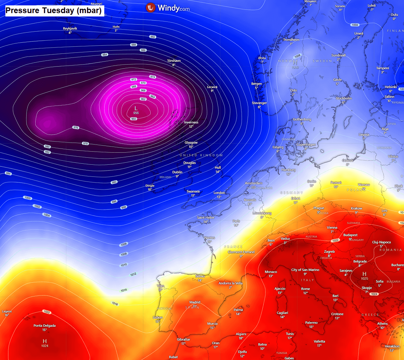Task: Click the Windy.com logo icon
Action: pyautogui.click(x=150, y=7)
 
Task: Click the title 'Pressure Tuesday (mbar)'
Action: pyautogui.click(x=53, y=10)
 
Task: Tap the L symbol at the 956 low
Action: pyautogui.click(x=136, y=108)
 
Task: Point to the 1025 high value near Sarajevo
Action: pyautogui.click(x=365, y=278)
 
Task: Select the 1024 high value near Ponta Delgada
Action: pyautogui.click(x=45, y=346)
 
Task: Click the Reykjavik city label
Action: pyautogui.click(x=70, y=29)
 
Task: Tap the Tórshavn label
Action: pyautogui.click(x=174, y=61)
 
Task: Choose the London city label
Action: pyautogui.click(x=219, y=193)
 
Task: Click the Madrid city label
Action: pyautogui.click(x=195, y=302)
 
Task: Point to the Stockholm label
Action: pyautogui.click(x=343, y=98)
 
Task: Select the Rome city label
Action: pyautogui.click(x=305, y=289)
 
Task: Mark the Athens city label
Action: pyautogui.click(x=382, y=324)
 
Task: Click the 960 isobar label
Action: pyautogui.click(x=134, y=119)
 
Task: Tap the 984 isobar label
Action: pyautogui.click(x=105, y=54)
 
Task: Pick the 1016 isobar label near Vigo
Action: pyautogui.click(x=115, y=304)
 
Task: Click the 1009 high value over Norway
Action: pyautogui.click(x=295, y=67)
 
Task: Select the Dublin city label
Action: pyautogui.click(x=177, y=172)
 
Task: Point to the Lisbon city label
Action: pyautogui.click(x=158, y=317)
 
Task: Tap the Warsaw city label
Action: pyautogui.click(x=364, y=185)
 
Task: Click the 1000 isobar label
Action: pyautogui.click(x=28, y=198)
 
